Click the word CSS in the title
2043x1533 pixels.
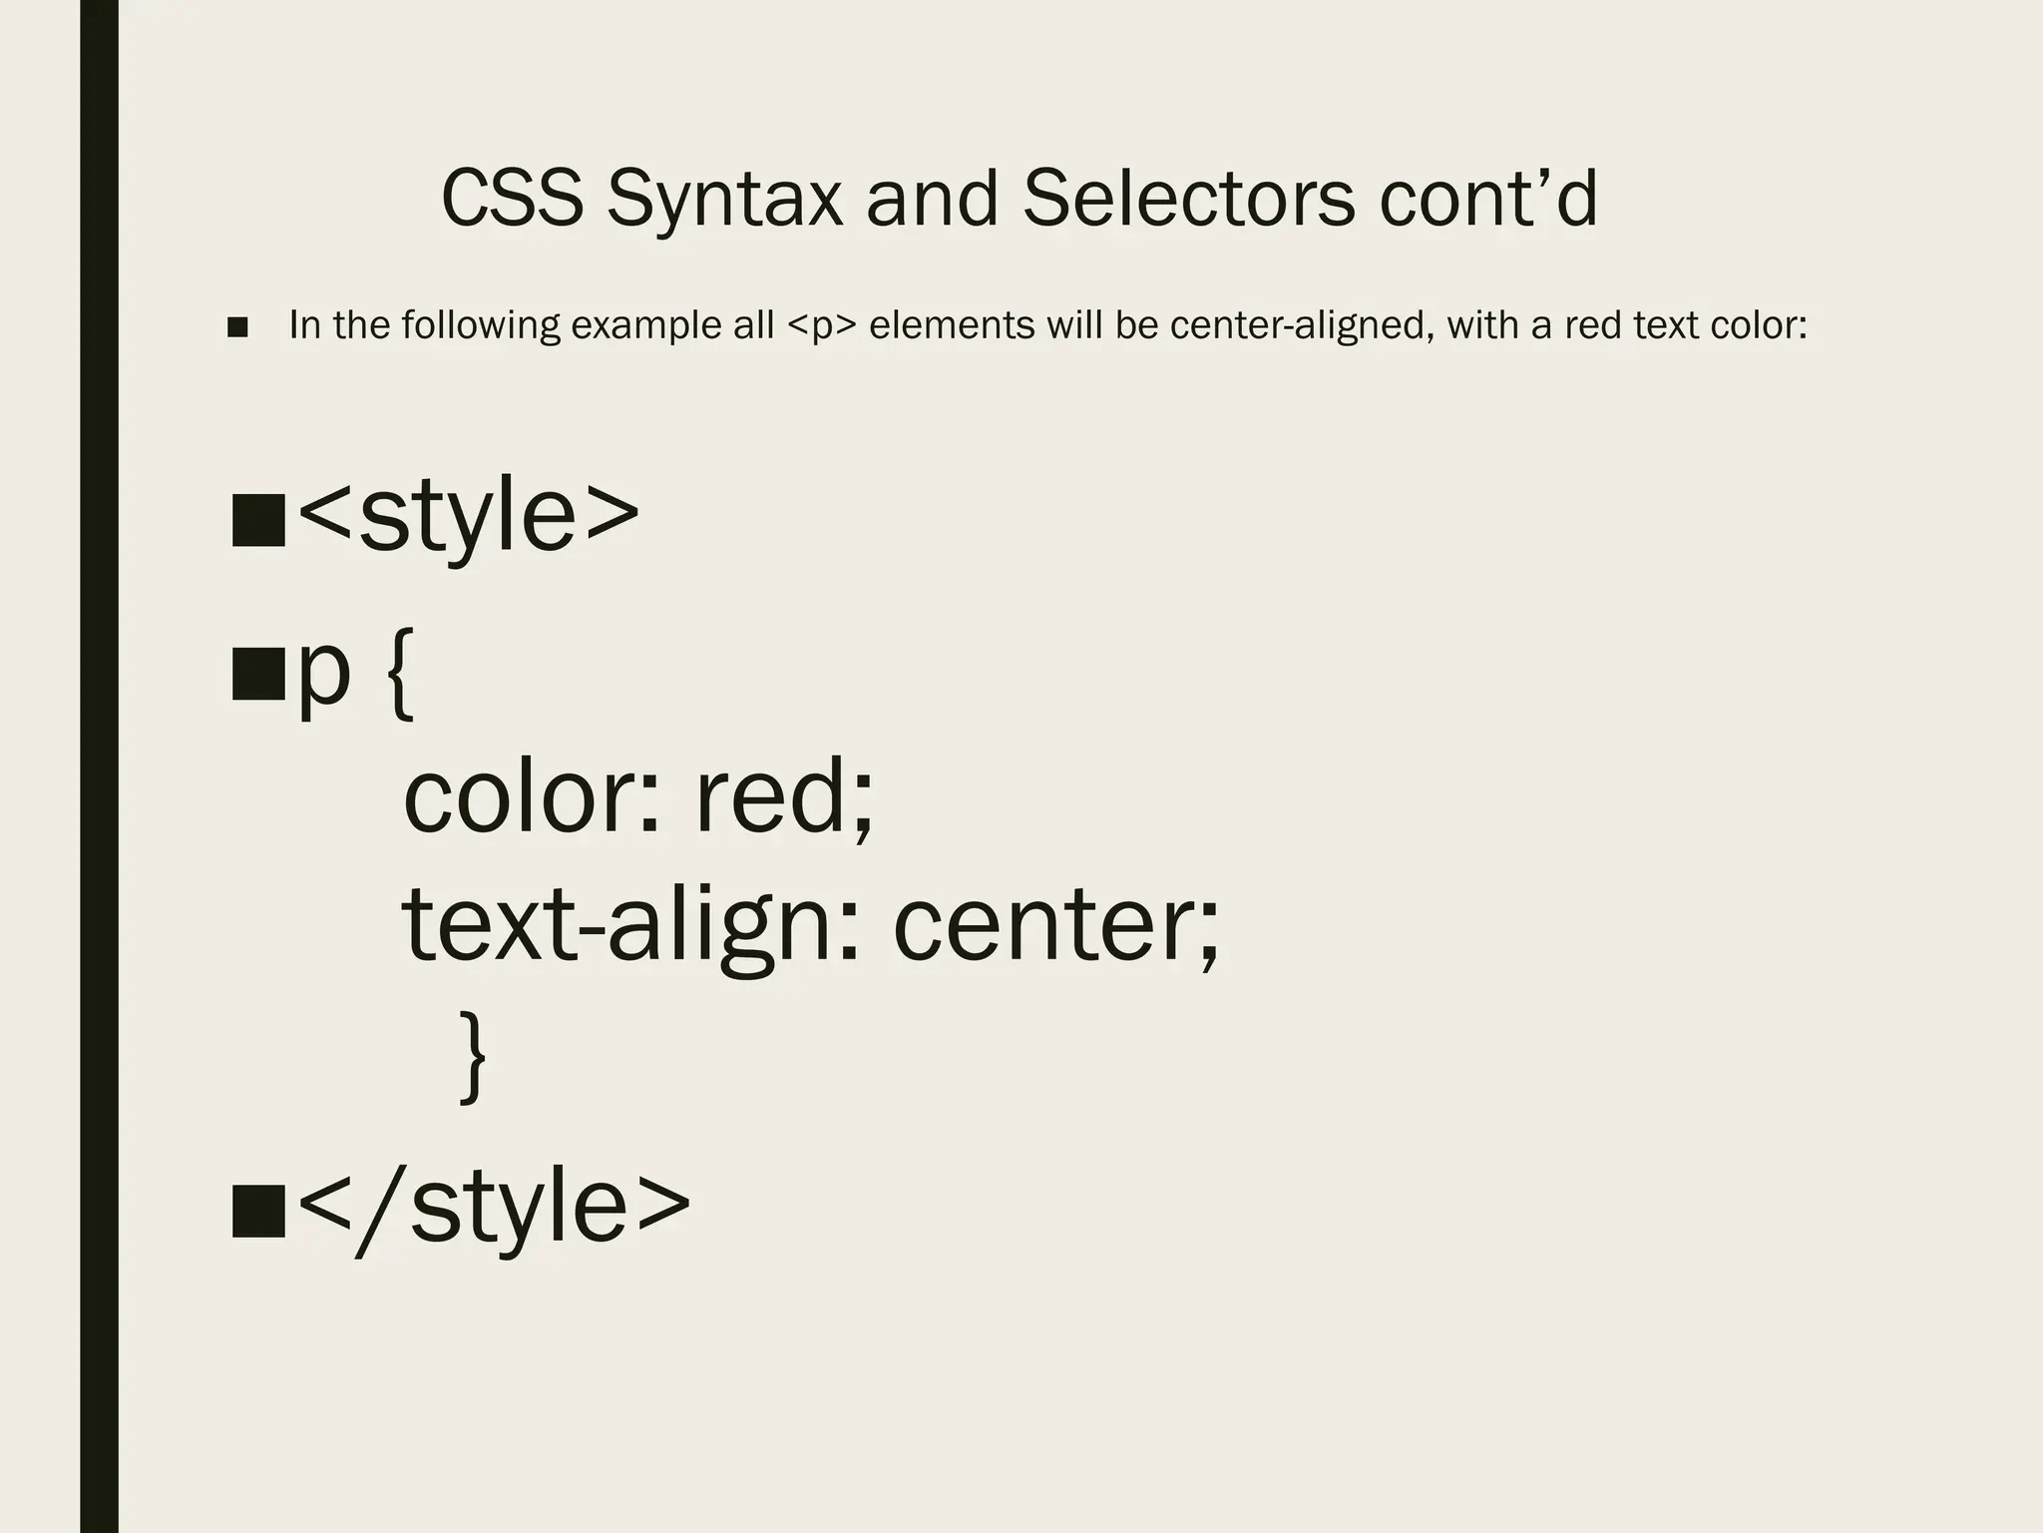pos(512,198)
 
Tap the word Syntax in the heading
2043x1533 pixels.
pos(724,200)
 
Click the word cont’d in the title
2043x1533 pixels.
pos(1488,198)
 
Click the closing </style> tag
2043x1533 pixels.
pos(494,1206)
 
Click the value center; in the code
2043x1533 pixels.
pos(1055,928)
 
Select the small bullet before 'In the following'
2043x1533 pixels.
pos(237,327)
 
